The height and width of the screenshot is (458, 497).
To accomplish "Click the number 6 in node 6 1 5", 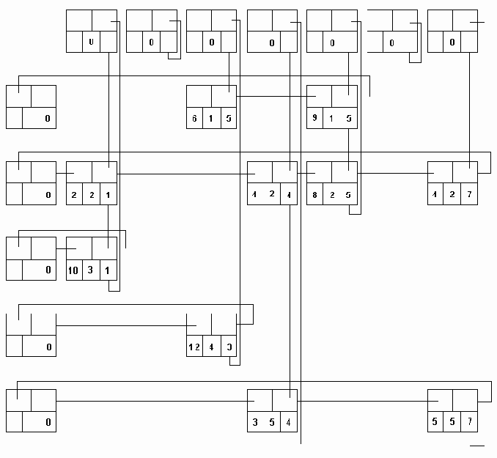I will [x=194, y=118].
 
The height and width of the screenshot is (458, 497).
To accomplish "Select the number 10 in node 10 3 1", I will [x=74, y=270].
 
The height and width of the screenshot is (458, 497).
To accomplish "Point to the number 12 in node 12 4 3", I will [x=194, y=346].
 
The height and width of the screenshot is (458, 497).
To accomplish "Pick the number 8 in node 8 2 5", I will [x=314, y=194].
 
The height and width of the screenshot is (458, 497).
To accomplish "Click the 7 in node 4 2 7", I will [x=469, y=194].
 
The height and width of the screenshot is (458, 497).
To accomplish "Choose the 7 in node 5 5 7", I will [x=469, y=422].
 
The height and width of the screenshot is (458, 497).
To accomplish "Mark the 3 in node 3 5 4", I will [x=254, y=422].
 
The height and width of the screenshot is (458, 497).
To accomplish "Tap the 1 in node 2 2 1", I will [x=108, y=194].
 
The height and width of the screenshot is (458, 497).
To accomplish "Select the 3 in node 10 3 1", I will [x=92, y=270].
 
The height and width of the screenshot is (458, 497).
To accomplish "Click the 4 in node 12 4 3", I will [x=211, y=346].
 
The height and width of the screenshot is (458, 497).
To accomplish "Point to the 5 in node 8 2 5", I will [x=348, y=194].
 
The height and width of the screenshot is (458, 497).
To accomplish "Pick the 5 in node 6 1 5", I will [x=228, y=118].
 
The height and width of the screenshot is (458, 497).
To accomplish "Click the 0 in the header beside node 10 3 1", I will [x=48, y=270].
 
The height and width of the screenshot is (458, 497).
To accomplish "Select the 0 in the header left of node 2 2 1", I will [x=48, y=194].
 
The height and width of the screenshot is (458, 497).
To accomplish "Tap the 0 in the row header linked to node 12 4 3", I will [x=48, y=346].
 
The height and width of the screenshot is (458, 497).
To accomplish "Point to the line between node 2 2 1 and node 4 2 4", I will [x=183, y=173].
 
